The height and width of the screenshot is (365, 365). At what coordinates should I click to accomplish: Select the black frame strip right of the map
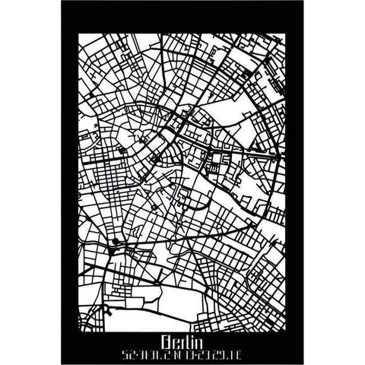tap(292, 182)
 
